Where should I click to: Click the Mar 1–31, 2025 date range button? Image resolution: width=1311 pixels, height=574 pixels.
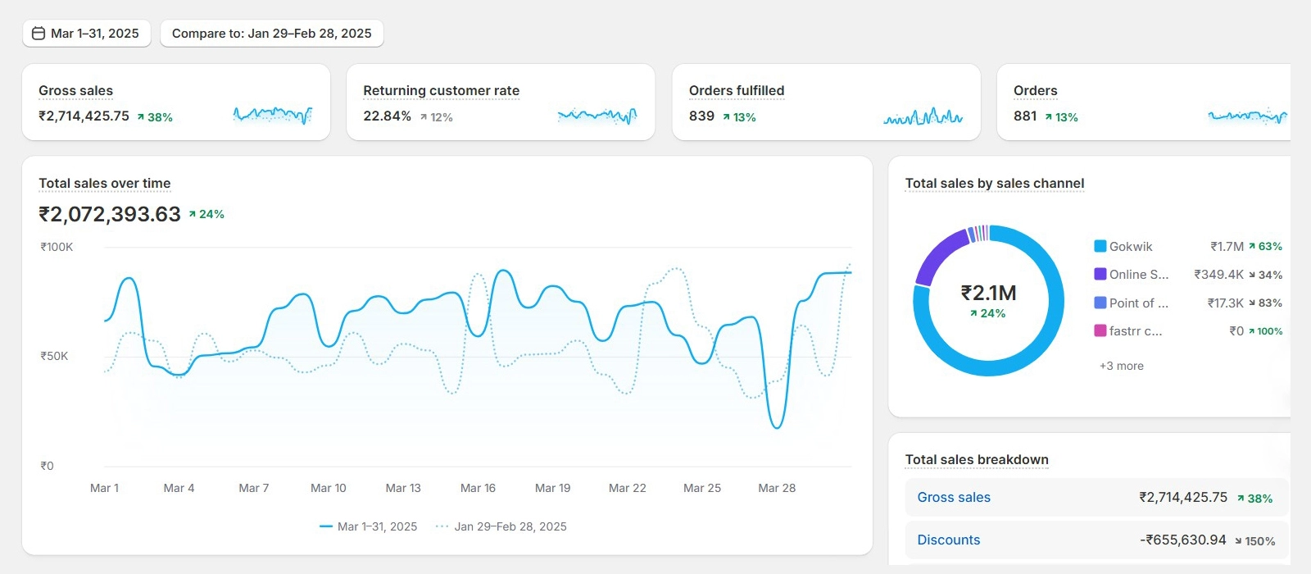tap(87, 34)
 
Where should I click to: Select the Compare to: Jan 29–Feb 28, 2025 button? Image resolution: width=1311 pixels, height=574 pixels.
tap(271, 34)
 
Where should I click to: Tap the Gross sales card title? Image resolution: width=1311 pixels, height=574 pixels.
tap(76, 91)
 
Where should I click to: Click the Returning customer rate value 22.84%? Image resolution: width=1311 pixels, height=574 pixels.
tap(387, 116)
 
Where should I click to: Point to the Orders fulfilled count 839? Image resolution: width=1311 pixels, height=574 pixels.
tap(701, 116)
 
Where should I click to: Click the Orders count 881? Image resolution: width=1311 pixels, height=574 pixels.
tap(1025, 116)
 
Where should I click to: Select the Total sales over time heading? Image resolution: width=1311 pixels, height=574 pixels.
tap(105, 184)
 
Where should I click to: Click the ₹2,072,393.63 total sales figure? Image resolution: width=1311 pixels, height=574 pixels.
tap(110, 215)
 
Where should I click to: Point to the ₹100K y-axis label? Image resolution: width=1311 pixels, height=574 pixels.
tap(57, 247)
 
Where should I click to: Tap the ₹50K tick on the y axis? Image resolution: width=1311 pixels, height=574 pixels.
tap(54, 356)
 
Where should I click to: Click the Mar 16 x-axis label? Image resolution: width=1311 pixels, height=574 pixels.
tap(478, 488)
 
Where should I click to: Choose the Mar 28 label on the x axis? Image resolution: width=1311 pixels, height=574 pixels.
tap(777, 488)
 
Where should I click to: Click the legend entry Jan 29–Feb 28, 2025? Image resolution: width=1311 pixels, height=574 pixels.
tap(510, 526)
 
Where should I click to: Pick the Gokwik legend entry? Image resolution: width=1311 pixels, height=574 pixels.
tap(1130, 247)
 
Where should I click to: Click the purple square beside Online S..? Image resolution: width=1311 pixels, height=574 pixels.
tap(1100, 274)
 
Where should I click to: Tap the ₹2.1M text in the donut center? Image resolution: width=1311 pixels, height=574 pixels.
tap(988, 293)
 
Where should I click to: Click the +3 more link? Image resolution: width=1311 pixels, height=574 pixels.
tap(1121, 366)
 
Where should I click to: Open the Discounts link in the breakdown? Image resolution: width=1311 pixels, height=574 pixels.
tap(948, 540)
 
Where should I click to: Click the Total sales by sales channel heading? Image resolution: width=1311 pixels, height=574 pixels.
tap(994, 184)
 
